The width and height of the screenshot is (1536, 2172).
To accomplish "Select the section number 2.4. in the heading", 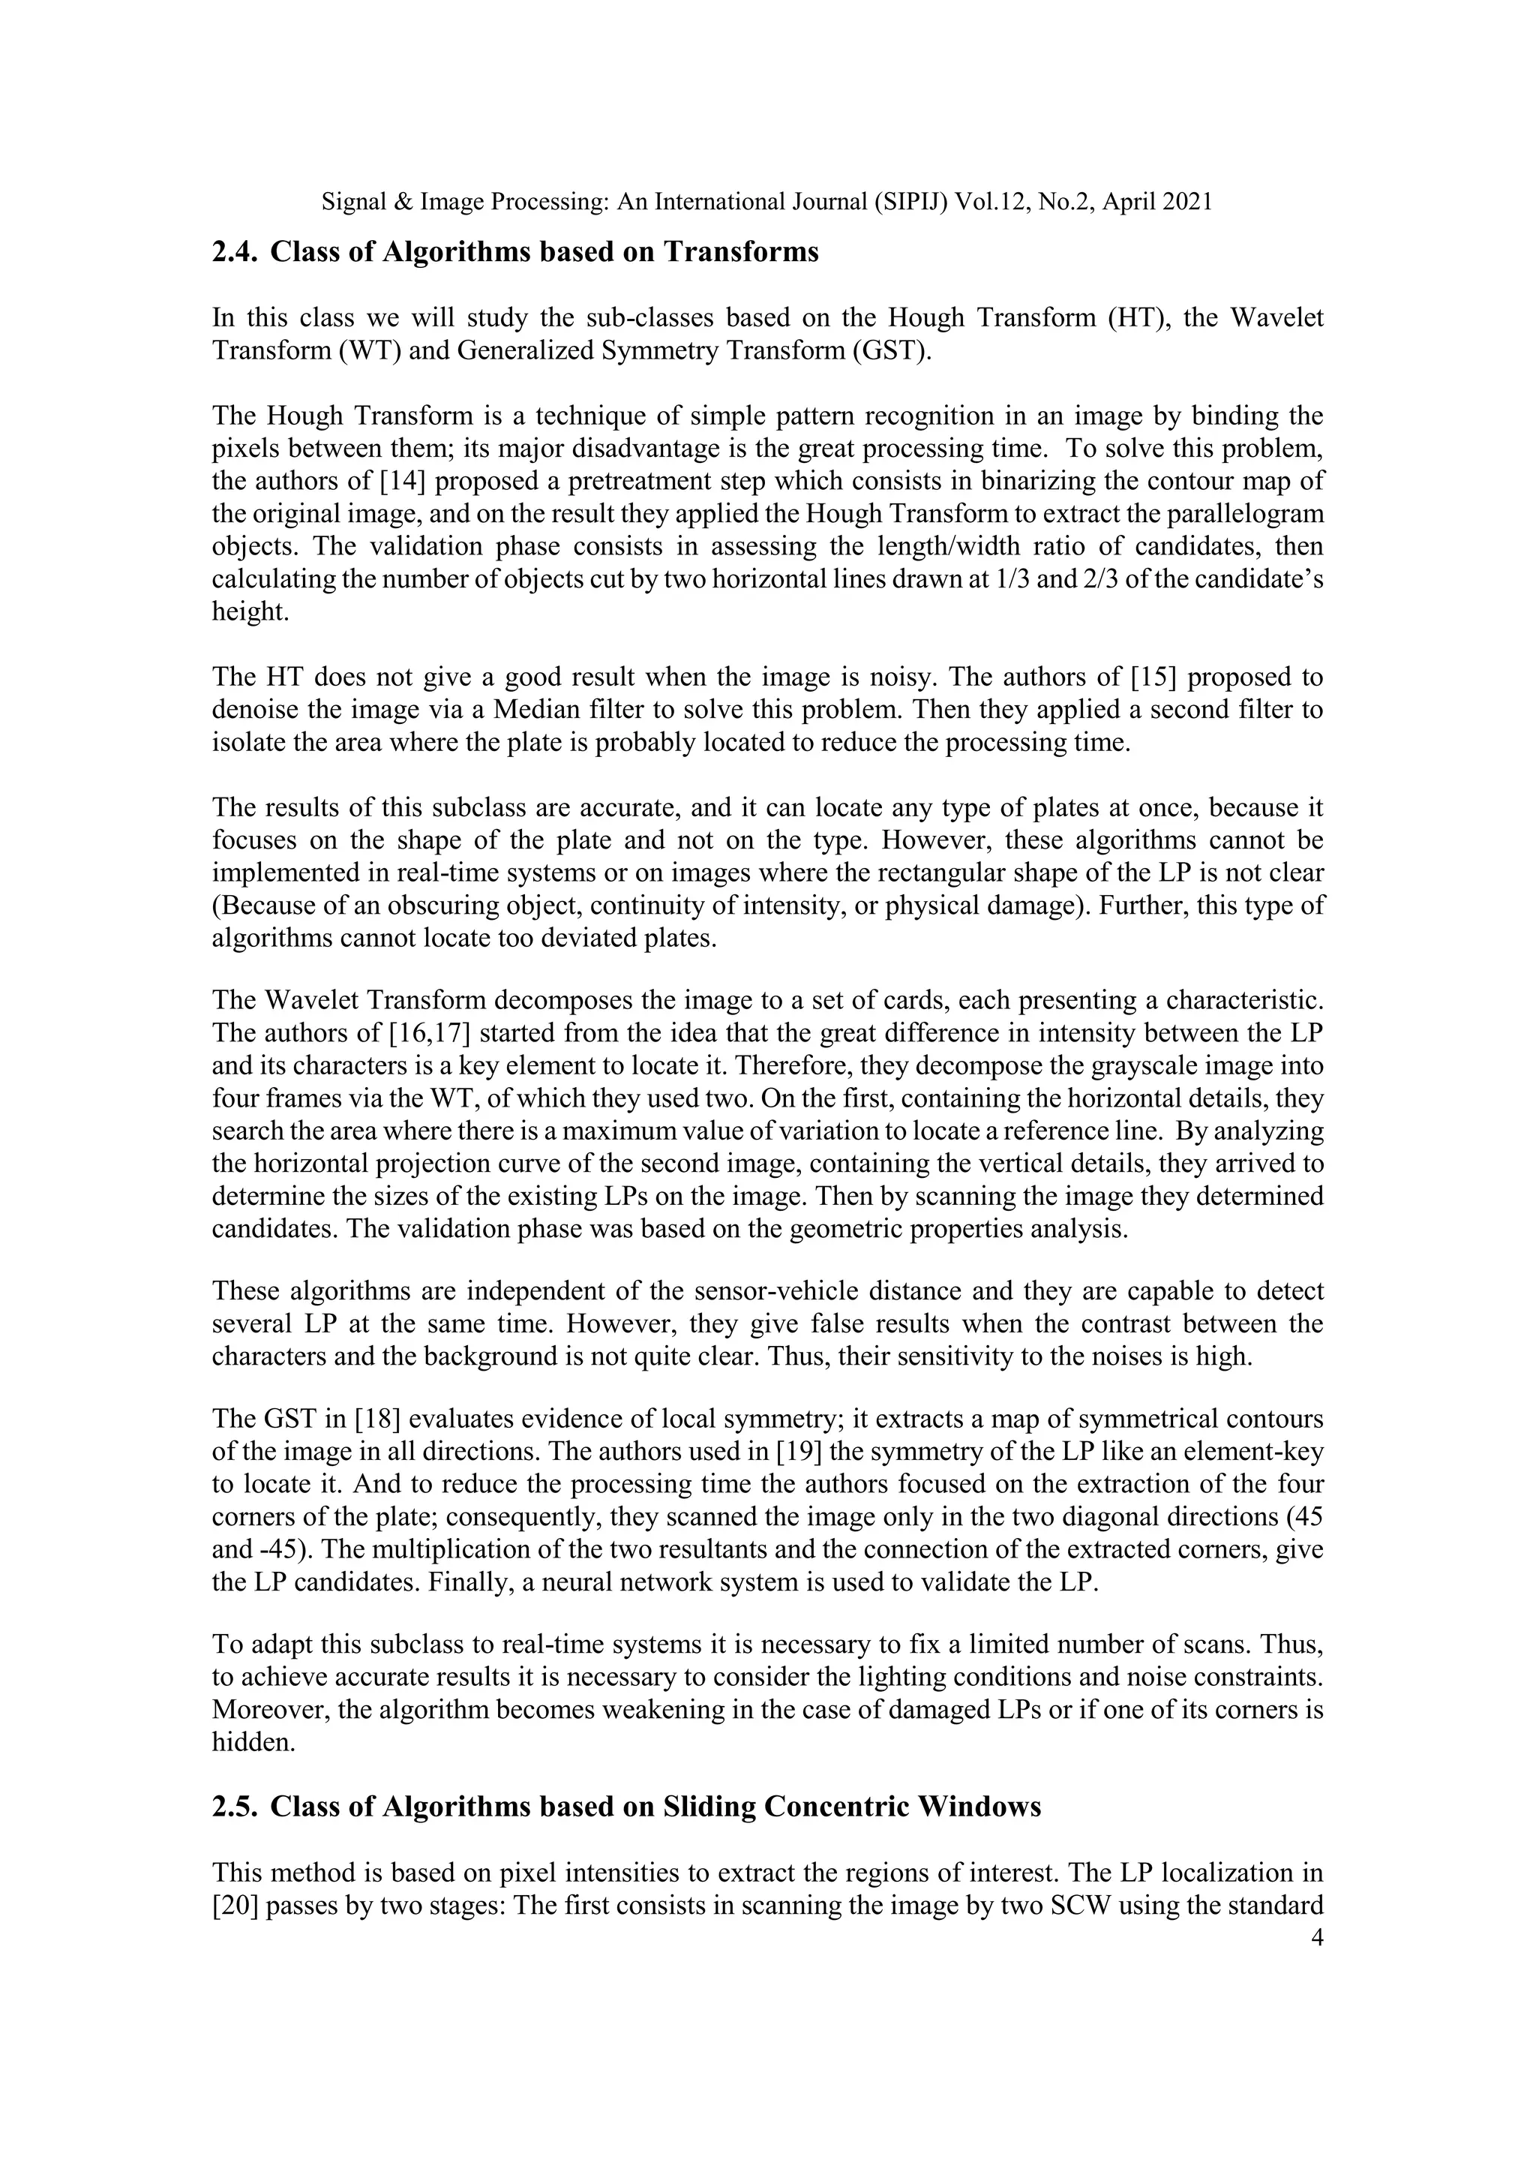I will [x=235, y=253].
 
